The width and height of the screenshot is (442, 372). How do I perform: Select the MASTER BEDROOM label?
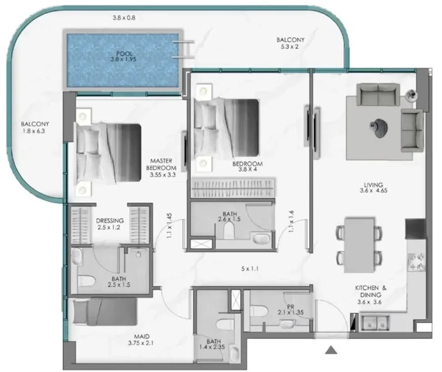point(161,164)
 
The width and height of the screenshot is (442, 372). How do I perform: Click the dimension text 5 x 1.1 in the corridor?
point(250,269)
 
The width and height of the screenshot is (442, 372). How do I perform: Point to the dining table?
point(359,245)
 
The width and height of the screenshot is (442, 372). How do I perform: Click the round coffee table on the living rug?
point(379,127)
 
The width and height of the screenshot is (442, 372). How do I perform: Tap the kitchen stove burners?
point(416,261)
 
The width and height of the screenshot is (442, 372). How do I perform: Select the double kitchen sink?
point(374,322)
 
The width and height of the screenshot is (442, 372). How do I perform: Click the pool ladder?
point(183,49)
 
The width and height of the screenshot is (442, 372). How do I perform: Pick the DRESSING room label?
point(109,220)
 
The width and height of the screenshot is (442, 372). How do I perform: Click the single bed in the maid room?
point(105,312)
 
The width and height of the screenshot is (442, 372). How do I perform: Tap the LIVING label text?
point(373,185)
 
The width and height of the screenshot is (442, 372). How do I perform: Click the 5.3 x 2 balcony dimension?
point(290,47)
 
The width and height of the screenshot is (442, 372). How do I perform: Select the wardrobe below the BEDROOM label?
point(233,188)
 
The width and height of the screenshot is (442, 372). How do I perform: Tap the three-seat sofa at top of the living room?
point(378,94)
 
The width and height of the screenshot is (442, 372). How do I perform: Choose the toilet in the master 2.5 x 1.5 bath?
point(87,281)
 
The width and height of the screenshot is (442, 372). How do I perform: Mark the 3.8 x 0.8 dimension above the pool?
point(124,18)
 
